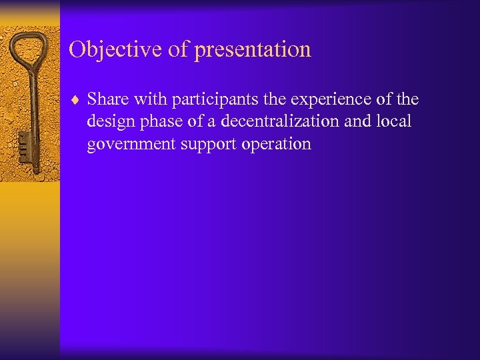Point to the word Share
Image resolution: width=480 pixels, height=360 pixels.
[108, 100]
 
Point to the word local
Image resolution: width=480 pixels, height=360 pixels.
[395, 122]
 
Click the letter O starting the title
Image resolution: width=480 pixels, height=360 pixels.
[77, 49]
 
